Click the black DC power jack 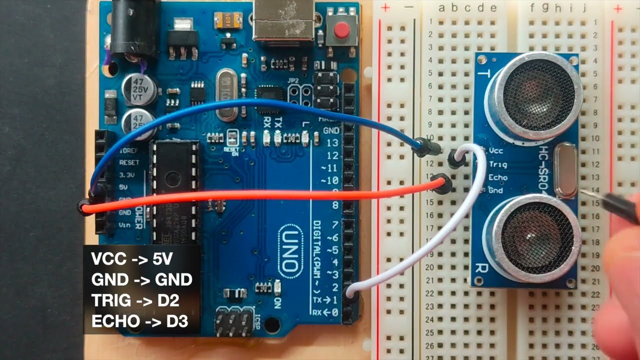[x=128, y=27]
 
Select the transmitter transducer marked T [x=533, y=95]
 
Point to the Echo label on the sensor [x=497, y=177]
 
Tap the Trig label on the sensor [x=497, y=164]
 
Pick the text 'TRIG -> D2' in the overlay [x=135, y=300]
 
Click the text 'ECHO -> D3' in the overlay [x=139, y=321]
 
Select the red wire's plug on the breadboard [x=442, y=184]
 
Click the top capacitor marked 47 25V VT [x=138, y=88]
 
